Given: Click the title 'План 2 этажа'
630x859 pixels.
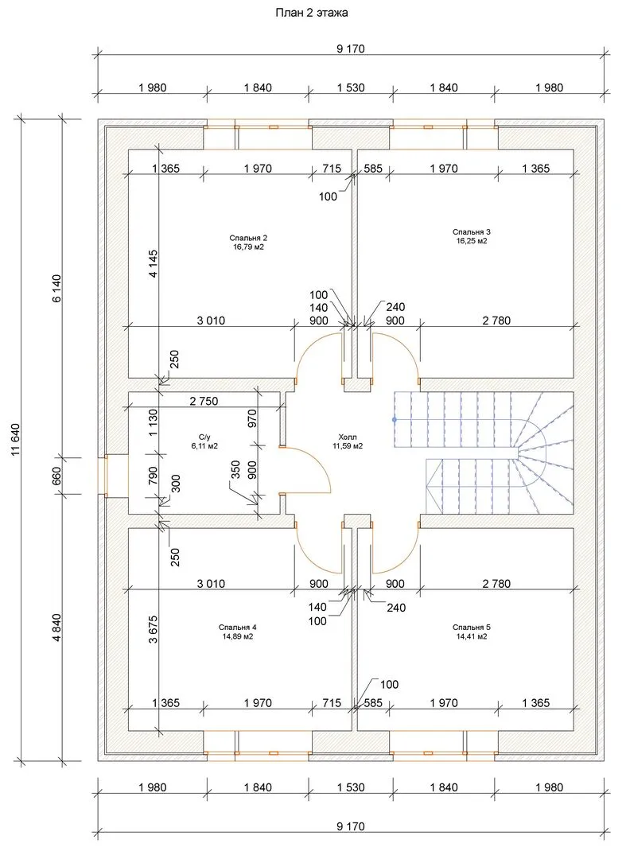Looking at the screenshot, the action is pyautogui.click(x=311, y=13).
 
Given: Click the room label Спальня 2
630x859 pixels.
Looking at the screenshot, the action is pyautogui.click(x=248, y=238).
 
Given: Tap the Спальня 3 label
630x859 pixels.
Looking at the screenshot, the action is pyautogui.click(x=471, y=231).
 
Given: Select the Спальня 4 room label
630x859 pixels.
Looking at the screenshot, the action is pyautogui.click(x=237, y=628).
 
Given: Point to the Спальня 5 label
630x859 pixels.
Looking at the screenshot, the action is pyautogui.click(x=471, y=628).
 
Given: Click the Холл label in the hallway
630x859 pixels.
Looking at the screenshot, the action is pyautogui.click(x=348, y=437).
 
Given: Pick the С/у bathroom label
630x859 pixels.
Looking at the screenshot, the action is pyautogui.click(x=204, y=437).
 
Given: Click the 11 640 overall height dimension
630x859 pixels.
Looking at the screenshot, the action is pyautogui.click(x=15, y=439).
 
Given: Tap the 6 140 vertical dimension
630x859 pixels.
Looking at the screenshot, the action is pyautogui.click(x=57, y=288).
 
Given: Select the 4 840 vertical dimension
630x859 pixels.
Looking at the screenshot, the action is pyautogui.click(x=57, y=628).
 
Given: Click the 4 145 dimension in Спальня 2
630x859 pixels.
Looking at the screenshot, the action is pyautogui.click(x=154, y=263).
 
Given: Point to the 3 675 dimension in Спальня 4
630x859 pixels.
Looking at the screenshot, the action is pyautogui.click(x=154, y=629).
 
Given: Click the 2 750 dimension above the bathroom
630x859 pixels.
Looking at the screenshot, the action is pyautogui.click(x=204, y=401).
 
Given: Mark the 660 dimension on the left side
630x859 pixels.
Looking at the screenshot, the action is pyautogui.click(x=57, y=476).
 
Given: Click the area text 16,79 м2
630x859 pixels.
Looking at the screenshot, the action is pyautogui.click(x=248, y=247).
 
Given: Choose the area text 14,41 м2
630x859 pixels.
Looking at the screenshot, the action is pyautogui.click(x=471, y=636).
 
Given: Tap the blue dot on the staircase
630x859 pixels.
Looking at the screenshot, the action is pyautogui.click(x=394, y=420).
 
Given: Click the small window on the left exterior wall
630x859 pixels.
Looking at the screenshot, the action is pyautogui.click(x=103, y=476).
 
